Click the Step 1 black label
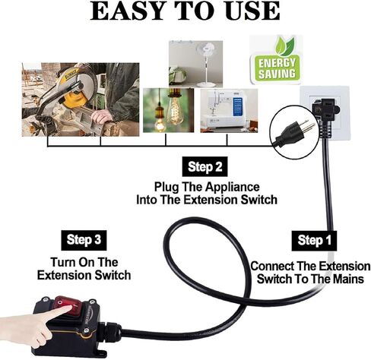(310, 241)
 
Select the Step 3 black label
(84, 240)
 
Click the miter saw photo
(80, 99)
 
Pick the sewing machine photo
(227, 111)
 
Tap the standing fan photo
(195, 63)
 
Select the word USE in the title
(249, 11)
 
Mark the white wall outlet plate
(325, 110)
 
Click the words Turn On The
(84, 261)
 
